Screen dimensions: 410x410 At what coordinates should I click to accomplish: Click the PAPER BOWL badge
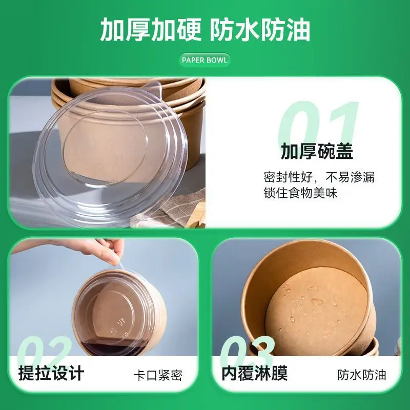tap(205, 60)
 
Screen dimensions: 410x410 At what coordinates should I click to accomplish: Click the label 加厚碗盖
tap(317, 152)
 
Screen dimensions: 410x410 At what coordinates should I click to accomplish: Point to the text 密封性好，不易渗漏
tap(319, 177)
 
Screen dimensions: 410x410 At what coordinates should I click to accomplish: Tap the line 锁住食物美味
tap(300, 194)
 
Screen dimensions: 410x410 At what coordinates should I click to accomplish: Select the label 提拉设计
tap(51, 373)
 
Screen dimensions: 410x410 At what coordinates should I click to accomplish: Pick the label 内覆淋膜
tap(254, 373)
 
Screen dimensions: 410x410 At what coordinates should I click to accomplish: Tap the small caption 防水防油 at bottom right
tap(361, 375)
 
